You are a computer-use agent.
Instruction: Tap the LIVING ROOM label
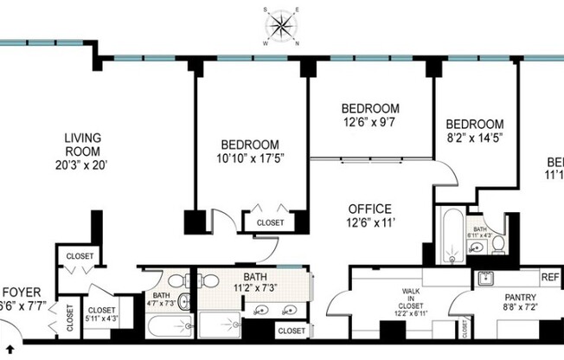84,145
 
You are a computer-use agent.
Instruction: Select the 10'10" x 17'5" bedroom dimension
249,158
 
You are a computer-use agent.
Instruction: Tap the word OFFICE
370,209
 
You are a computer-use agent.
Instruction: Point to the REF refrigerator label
550,278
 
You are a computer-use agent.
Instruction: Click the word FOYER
17,292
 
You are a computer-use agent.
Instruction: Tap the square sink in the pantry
484,279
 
